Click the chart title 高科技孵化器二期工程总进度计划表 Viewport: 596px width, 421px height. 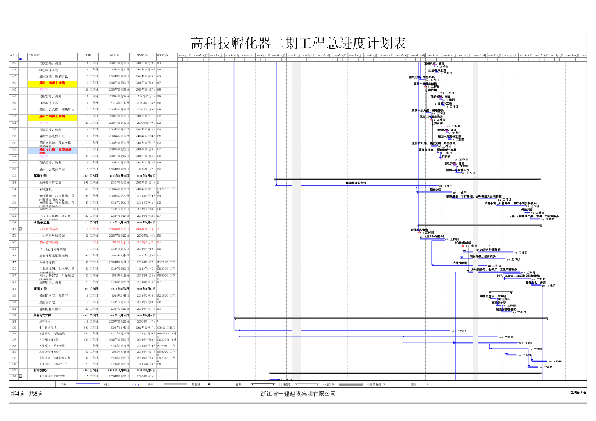[298, 43]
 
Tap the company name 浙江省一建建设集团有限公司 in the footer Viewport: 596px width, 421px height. [298, 394]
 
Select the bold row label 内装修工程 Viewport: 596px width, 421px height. [44, 222]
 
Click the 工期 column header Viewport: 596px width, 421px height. [88, 55]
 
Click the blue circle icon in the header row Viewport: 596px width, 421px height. [20, 59]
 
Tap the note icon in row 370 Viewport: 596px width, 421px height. [20, 229]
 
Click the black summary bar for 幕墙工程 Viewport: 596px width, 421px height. [407, 179]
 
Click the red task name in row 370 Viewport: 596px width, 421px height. [48, 229]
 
